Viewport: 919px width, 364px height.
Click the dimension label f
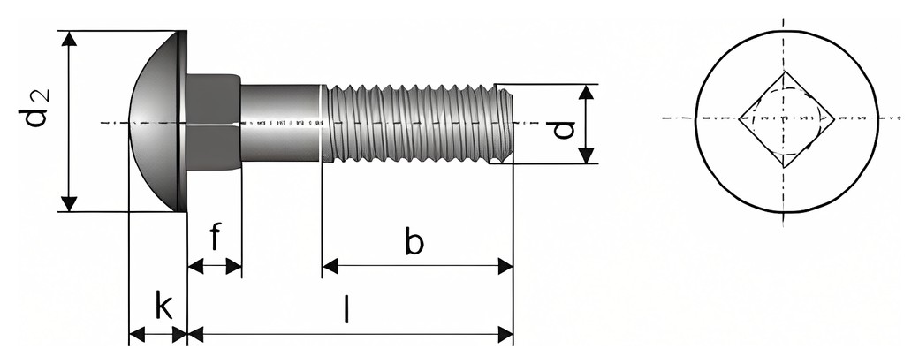click(215, 236)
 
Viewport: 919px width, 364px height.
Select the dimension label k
click(163, 305)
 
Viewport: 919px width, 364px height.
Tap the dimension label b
click(414, 241)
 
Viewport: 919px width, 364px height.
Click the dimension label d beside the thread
click(563, 130)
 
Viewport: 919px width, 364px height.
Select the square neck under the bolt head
click(214, 122)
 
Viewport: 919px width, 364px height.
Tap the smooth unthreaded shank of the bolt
click(281, 123)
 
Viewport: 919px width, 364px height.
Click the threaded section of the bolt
click(417, 123)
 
